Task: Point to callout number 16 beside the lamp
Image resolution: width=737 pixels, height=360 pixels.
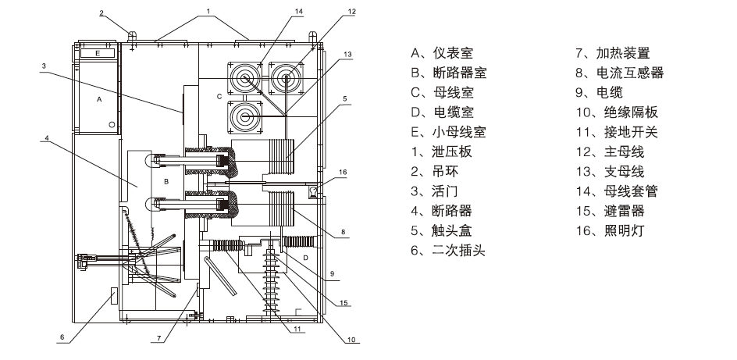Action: tap(342, 171)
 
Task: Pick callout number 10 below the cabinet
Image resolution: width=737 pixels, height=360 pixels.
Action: tap(351, 339)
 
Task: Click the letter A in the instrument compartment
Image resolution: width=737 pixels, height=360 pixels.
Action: tap(98, 100)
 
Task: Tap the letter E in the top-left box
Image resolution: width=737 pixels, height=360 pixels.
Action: tap(97, 53)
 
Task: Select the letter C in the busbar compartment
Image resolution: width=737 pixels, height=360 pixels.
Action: tap(219, 96)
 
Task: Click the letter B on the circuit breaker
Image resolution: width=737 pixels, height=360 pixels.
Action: tap(166, 180)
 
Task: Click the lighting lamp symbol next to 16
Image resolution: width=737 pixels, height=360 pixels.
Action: tap(315, 189)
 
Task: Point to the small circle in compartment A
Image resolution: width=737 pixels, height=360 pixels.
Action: tap(112, 125)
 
